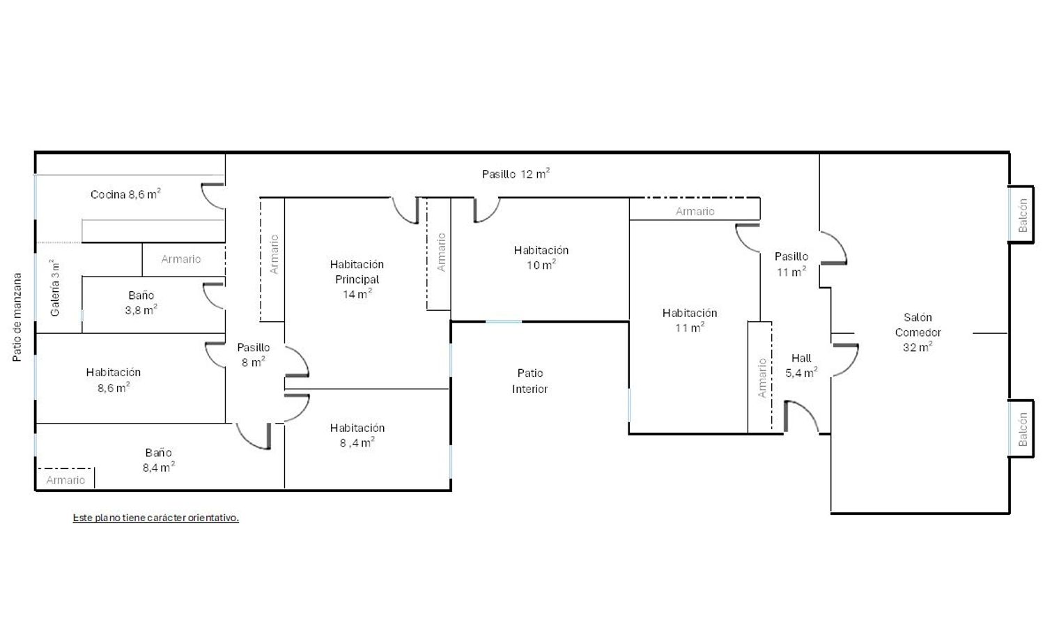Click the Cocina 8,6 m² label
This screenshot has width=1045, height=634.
click(x=125, y=194)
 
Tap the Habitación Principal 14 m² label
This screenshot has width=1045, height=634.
click(x=357, y=279)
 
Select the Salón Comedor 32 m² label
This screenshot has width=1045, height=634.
click(x=918, y=332)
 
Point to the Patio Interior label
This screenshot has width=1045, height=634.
click(x=530, y=380)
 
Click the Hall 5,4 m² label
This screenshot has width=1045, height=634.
click(x=801, y=365)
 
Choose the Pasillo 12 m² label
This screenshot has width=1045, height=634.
click(x=516, y=173)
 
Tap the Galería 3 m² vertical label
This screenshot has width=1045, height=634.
click(x=54, y=288)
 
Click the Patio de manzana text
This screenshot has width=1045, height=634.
click(x=17, y=317)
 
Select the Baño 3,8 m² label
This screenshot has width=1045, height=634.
click(x=141, y=302)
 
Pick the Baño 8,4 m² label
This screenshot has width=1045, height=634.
click(x=159, y=460)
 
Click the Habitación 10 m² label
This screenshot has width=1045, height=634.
click(x=541, y=258)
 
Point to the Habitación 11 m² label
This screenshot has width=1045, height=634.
click(x=690, y=320)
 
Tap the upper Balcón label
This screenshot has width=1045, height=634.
click(x=1023, y=215)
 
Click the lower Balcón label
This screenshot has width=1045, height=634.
click(x=1023, y=429)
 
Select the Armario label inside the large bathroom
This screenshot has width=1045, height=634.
click(x=65, y=480)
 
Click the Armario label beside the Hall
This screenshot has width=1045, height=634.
click(x=762, y=378)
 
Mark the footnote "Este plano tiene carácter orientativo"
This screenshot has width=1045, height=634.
click(x=156, y=518)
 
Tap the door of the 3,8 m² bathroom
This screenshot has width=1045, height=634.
click(x=212, y=296)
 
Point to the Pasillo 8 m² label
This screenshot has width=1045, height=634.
click(x=254, y=355)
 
